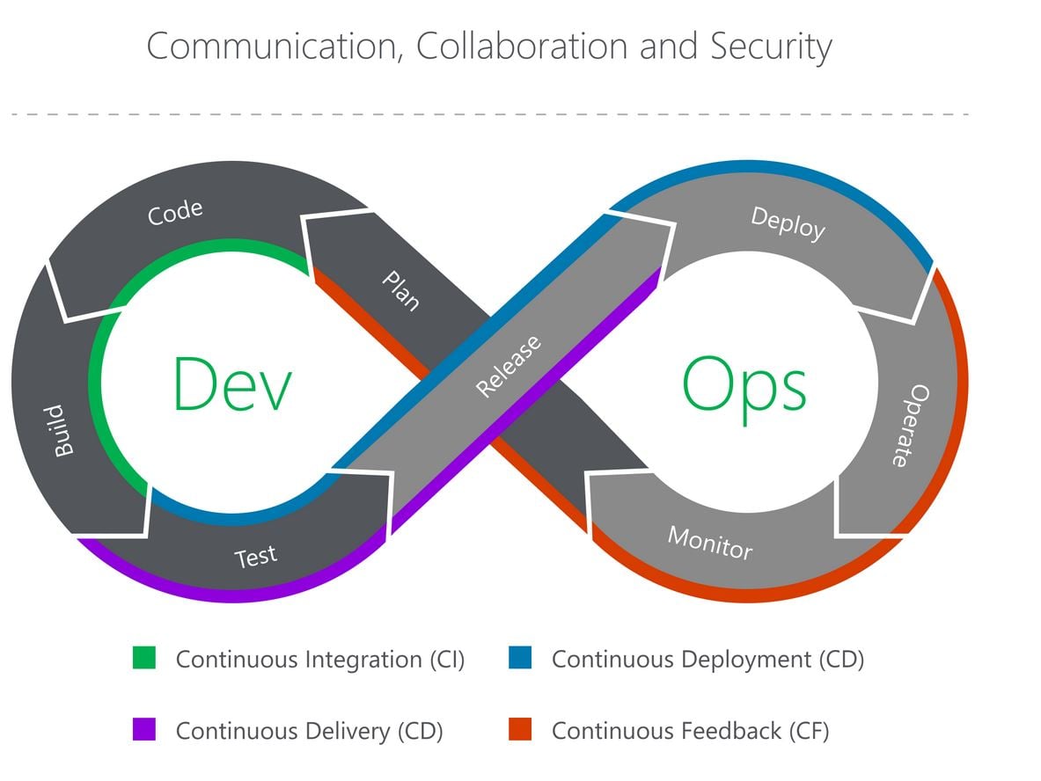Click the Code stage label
pos(175,212)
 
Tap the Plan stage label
pos(400,290)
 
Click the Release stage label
pos(508,366)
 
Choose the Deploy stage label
pos(788,223)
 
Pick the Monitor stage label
pos(709,543)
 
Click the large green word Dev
pos(231,384)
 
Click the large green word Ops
pos(744,385)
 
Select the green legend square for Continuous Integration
pos(143,658)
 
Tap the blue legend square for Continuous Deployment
pos(520,658)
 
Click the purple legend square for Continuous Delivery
pos(143,729)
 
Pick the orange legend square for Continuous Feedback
pos(520,729)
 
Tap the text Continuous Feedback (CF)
pos(690,730)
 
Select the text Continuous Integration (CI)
pos(320,659)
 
